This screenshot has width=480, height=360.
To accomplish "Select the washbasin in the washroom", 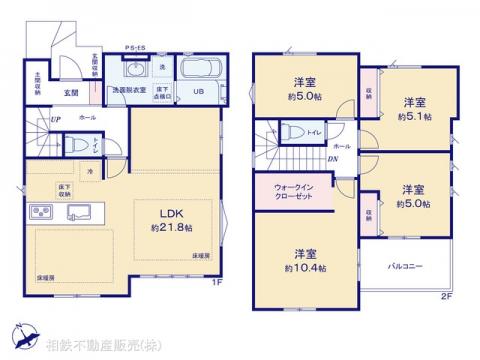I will point(138,71).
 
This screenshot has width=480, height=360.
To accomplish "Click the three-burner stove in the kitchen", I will point(43,213).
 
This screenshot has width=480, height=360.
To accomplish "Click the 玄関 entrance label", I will point(73,92).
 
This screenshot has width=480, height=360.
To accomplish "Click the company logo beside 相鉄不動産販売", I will point(22,337).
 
